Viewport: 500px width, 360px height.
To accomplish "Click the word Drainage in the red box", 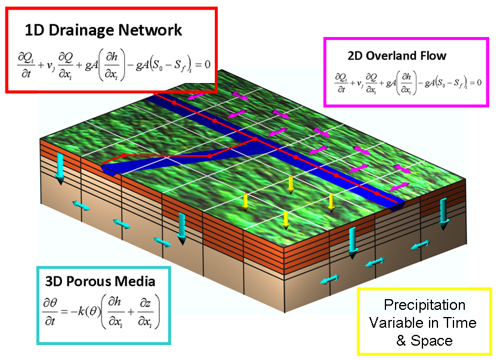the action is (x=81, y=31).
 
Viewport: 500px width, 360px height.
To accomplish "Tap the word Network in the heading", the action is (x=150, y=30).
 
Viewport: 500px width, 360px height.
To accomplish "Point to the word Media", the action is (x=135, y=281).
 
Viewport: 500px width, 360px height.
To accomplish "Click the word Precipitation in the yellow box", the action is (x=424, y=305).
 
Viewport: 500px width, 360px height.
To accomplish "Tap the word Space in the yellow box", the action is (x=431, y=341).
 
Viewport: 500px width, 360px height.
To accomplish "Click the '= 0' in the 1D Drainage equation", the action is (x=202, y=64).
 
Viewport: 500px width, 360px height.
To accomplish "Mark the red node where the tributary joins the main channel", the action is (x=255, y=139).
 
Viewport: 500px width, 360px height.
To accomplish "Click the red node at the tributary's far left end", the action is (x=124, y=155).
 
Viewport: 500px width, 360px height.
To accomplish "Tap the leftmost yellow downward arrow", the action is (x=245, y=202).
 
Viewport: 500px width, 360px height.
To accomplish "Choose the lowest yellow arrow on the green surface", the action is (x=286, y=220).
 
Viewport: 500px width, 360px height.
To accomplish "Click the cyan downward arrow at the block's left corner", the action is (x=60, y=169).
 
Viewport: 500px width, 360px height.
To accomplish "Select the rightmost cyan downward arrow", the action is (x=443, y=214).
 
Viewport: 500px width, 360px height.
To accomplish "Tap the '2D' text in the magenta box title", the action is (x=355, y=56).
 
